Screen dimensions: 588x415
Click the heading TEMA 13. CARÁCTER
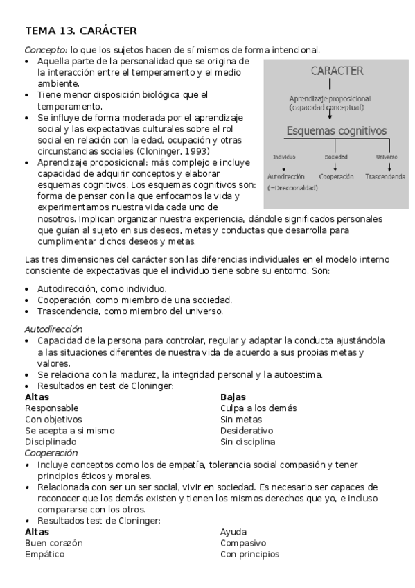pos(80,31)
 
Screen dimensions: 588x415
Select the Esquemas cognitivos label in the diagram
pos(337,130)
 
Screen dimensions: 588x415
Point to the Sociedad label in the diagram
pos(336,157)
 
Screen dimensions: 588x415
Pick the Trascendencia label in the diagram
pos(386,177)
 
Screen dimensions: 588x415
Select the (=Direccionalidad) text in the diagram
pos(292,188)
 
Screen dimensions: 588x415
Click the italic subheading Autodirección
pos(53,329)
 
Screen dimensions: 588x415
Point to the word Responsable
pos(51,408)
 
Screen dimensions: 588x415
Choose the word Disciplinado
pos(52,442)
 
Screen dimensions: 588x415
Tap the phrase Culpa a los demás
pos(258,408)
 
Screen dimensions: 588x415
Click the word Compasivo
pos(243,544)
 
